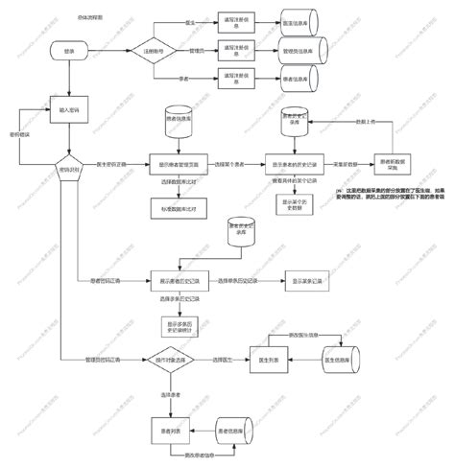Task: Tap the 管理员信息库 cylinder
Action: click(299, 48)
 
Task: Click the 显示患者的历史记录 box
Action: click(294, 166)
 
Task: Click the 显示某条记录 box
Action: click(299, 282)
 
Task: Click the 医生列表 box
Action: click(270, 360)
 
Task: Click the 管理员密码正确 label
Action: click(103, 360)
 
